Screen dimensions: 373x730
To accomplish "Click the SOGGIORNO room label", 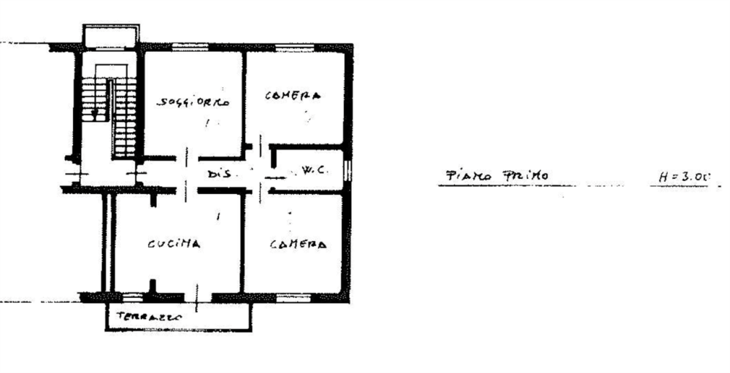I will (193, 104).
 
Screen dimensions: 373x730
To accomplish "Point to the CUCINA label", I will (174, 245).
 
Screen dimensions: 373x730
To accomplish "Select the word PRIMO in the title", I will (527, 176).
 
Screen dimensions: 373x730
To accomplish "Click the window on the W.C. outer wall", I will (348, 171).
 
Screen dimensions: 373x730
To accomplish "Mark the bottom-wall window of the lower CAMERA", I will (292, 298).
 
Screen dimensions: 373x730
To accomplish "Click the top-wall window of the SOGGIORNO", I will (193, 49).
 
